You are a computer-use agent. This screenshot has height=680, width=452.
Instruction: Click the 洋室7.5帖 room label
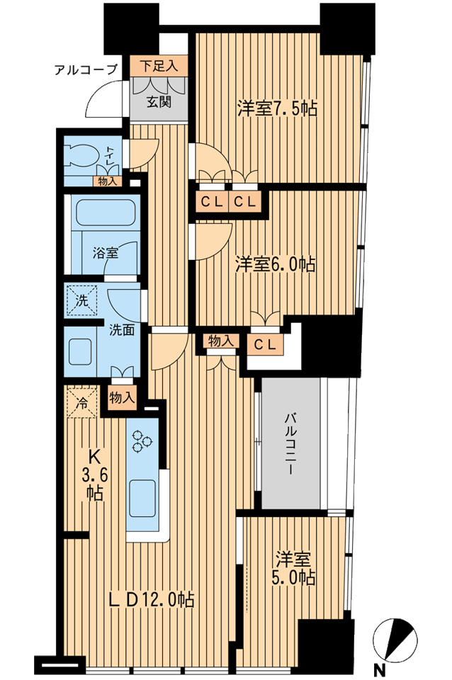(277, 108)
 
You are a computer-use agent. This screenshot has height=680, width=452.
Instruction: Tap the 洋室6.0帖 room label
(275, 264)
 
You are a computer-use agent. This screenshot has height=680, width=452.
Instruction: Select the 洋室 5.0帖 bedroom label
(295, 569)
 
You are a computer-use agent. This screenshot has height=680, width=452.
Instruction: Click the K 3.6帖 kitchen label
(95, 475)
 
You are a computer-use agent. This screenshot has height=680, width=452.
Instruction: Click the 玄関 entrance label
(158, 102)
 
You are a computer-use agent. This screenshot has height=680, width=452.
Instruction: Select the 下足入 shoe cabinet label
(159, 66)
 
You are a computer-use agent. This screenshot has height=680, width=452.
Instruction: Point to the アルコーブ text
(86, 69)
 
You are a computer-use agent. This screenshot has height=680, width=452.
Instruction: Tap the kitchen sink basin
(141, 497)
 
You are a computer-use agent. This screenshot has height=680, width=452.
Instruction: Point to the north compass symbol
(395, 638)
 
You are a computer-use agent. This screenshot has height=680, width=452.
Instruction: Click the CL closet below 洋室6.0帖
(265, 345)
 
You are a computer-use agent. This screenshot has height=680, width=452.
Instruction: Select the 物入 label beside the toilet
(107, 182)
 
